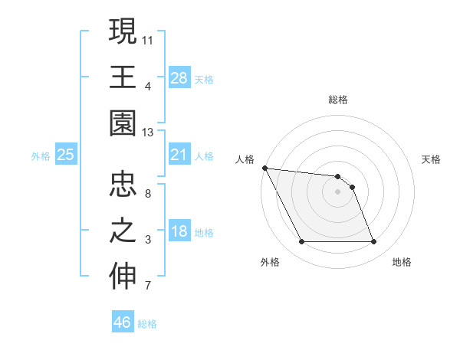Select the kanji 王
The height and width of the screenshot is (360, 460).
pos(123,77)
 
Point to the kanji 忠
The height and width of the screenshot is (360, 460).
pos(123,186)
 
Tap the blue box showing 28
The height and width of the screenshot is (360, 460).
pos(179,77)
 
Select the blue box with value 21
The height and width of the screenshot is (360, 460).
pos(179,155)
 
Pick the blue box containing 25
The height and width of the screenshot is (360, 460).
pos(65,155)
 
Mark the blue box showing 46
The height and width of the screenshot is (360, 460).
pos(123,322)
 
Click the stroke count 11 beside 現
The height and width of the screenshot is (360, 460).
pos(148,39)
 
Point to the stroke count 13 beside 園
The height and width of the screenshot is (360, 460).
pos(148,132)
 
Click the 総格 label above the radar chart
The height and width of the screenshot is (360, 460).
pos(338,100)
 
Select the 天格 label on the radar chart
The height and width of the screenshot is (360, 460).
pos(432,159)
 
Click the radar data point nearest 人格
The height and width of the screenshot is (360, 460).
pos(264,168)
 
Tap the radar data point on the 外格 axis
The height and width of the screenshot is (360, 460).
pos(301,242)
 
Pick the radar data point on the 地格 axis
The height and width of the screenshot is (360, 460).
pos(374,242)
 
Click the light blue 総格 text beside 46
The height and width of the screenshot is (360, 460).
pos(147,324)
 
